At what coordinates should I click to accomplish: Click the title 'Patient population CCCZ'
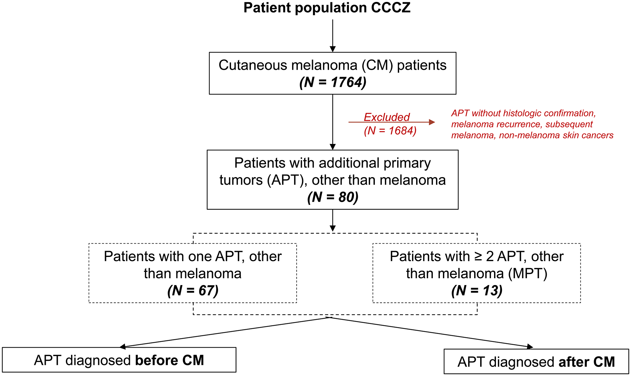(327, 8)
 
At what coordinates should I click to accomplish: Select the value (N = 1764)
(333, 83)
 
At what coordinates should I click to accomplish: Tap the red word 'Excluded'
(386, 117)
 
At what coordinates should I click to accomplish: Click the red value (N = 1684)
(390, 131)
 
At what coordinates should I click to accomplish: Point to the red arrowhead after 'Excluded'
(432, 122)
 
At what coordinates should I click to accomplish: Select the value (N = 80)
(333, 197)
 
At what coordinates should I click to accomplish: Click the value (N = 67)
(193, 290)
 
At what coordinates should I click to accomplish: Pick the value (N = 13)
(476, 290)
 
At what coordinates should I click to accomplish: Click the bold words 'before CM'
(169, 361)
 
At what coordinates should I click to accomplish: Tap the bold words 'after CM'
(587, 362)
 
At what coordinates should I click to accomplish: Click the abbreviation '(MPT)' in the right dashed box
(528, 273)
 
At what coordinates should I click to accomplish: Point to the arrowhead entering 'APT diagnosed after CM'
(530, 347)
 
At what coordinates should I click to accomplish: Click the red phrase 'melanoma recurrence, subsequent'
(522, 124)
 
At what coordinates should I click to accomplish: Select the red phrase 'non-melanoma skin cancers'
(556, 135)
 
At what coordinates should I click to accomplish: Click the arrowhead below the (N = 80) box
(333, 228)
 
